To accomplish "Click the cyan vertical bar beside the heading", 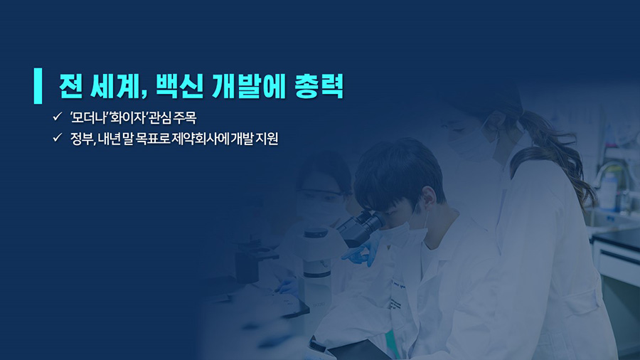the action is (38, 85).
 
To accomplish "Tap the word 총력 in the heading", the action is (319, 86).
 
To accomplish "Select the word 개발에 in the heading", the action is (249, 86).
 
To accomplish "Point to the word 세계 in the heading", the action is (114, 86).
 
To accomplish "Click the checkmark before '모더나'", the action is (57, 117).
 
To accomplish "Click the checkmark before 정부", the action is (57, 137).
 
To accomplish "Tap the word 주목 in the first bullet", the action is (185, 117).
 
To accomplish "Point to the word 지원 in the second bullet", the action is (267, 139).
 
